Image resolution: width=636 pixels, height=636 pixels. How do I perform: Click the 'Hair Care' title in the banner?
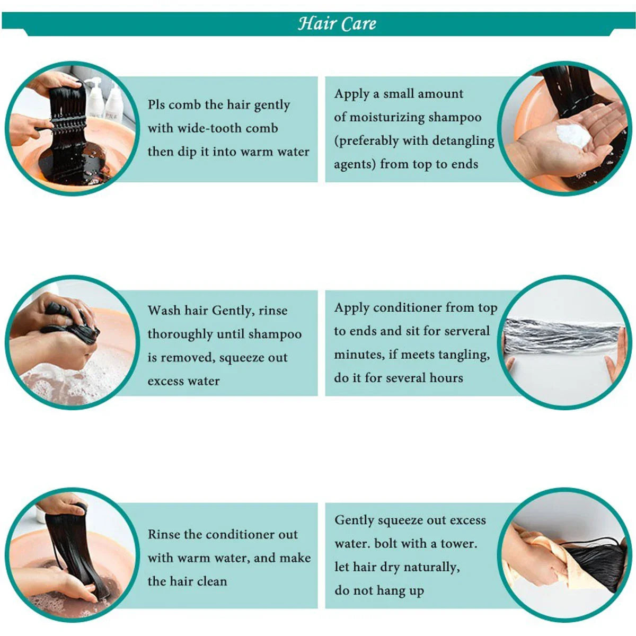[337, 23]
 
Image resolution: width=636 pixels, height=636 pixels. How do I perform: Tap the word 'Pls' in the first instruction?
[156, 104]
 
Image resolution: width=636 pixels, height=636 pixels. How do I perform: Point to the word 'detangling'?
[463, 142]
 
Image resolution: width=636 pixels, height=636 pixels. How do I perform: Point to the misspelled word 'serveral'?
[467, 331]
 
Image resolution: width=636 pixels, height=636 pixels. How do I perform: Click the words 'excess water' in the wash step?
[183, 381]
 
